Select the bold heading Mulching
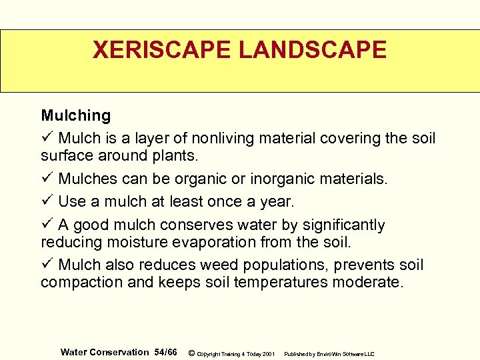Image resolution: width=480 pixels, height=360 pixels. tap(76, 116)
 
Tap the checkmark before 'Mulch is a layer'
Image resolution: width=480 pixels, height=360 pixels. tap(47, 138)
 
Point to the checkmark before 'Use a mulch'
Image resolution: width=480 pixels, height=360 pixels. tap(47, 201)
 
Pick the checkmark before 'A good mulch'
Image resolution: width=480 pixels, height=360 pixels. tap(47, 225)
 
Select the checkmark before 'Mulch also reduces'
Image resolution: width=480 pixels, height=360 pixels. tap(47, 265)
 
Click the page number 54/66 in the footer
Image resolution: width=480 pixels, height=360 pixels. tap(165, 352)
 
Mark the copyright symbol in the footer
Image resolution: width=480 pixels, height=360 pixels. tap(191, 353)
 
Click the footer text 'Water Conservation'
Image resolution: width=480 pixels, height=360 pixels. tap(105, 352)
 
